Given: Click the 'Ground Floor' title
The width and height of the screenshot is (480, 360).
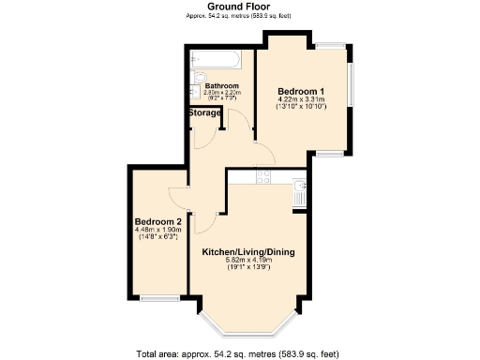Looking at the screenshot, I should pos(240,7).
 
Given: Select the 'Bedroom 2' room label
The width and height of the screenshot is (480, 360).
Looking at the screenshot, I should pos(156,222).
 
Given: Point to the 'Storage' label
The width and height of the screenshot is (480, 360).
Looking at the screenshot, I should pos(205,112).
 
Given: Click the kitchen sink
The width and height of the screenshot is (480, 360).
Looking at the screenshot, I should pos(299,194).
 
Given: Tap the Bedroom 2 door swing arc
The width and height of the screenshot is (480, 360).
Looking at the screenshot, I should pos(177,196).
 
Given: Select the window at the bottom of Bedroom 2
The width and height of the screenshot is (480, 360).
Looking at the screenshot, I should pos(160,299).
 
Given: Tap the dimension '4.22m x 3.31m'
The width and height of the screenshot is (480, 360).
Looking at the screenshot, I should pos(300,100).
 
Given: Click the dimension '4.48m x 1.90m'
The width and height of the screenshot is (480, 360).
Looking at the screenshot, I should pos(156,231).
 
